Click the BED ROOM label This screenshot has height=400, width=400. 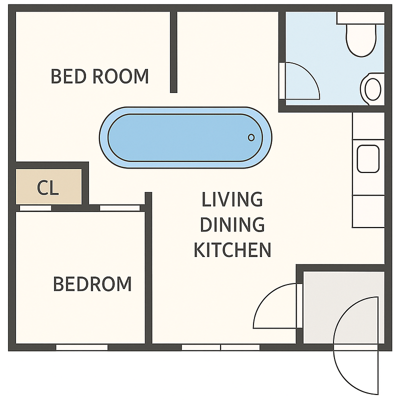(x=99, y=76)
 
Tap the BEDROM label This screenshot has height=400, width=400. (x=92, y=284)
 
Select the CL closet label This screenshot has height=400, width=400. (x=48, y=188)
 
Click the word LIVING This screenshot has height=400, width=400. (x=232, y=199)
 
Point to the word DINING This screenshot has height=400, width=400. (x=232, y=224)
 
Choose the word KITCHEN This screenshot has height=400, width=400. (x=232, y=249)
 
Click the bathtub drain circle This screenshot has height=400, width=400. (x=251, y=137)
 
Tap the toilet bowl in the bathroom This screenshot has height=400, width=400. (x=361, y=40)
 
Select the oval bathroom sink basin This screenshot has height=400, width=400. (x=373, y=89)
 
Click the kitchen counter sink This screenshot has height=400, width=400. (x=368, y=158)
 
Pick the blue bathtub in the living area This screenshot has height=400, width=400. (x=185, y=137)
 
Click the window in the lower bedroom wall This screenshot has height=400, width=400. (x=82, y=347)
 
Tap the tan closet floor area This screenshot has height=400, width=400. (x=48, y=186)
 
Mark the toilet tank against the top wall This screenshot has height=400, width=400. (x=360, y=18)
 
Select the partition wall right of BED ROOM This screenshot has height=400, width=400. (x=173, y=52)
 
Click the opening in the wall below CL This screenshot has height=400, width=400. (x=35, y=208)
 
